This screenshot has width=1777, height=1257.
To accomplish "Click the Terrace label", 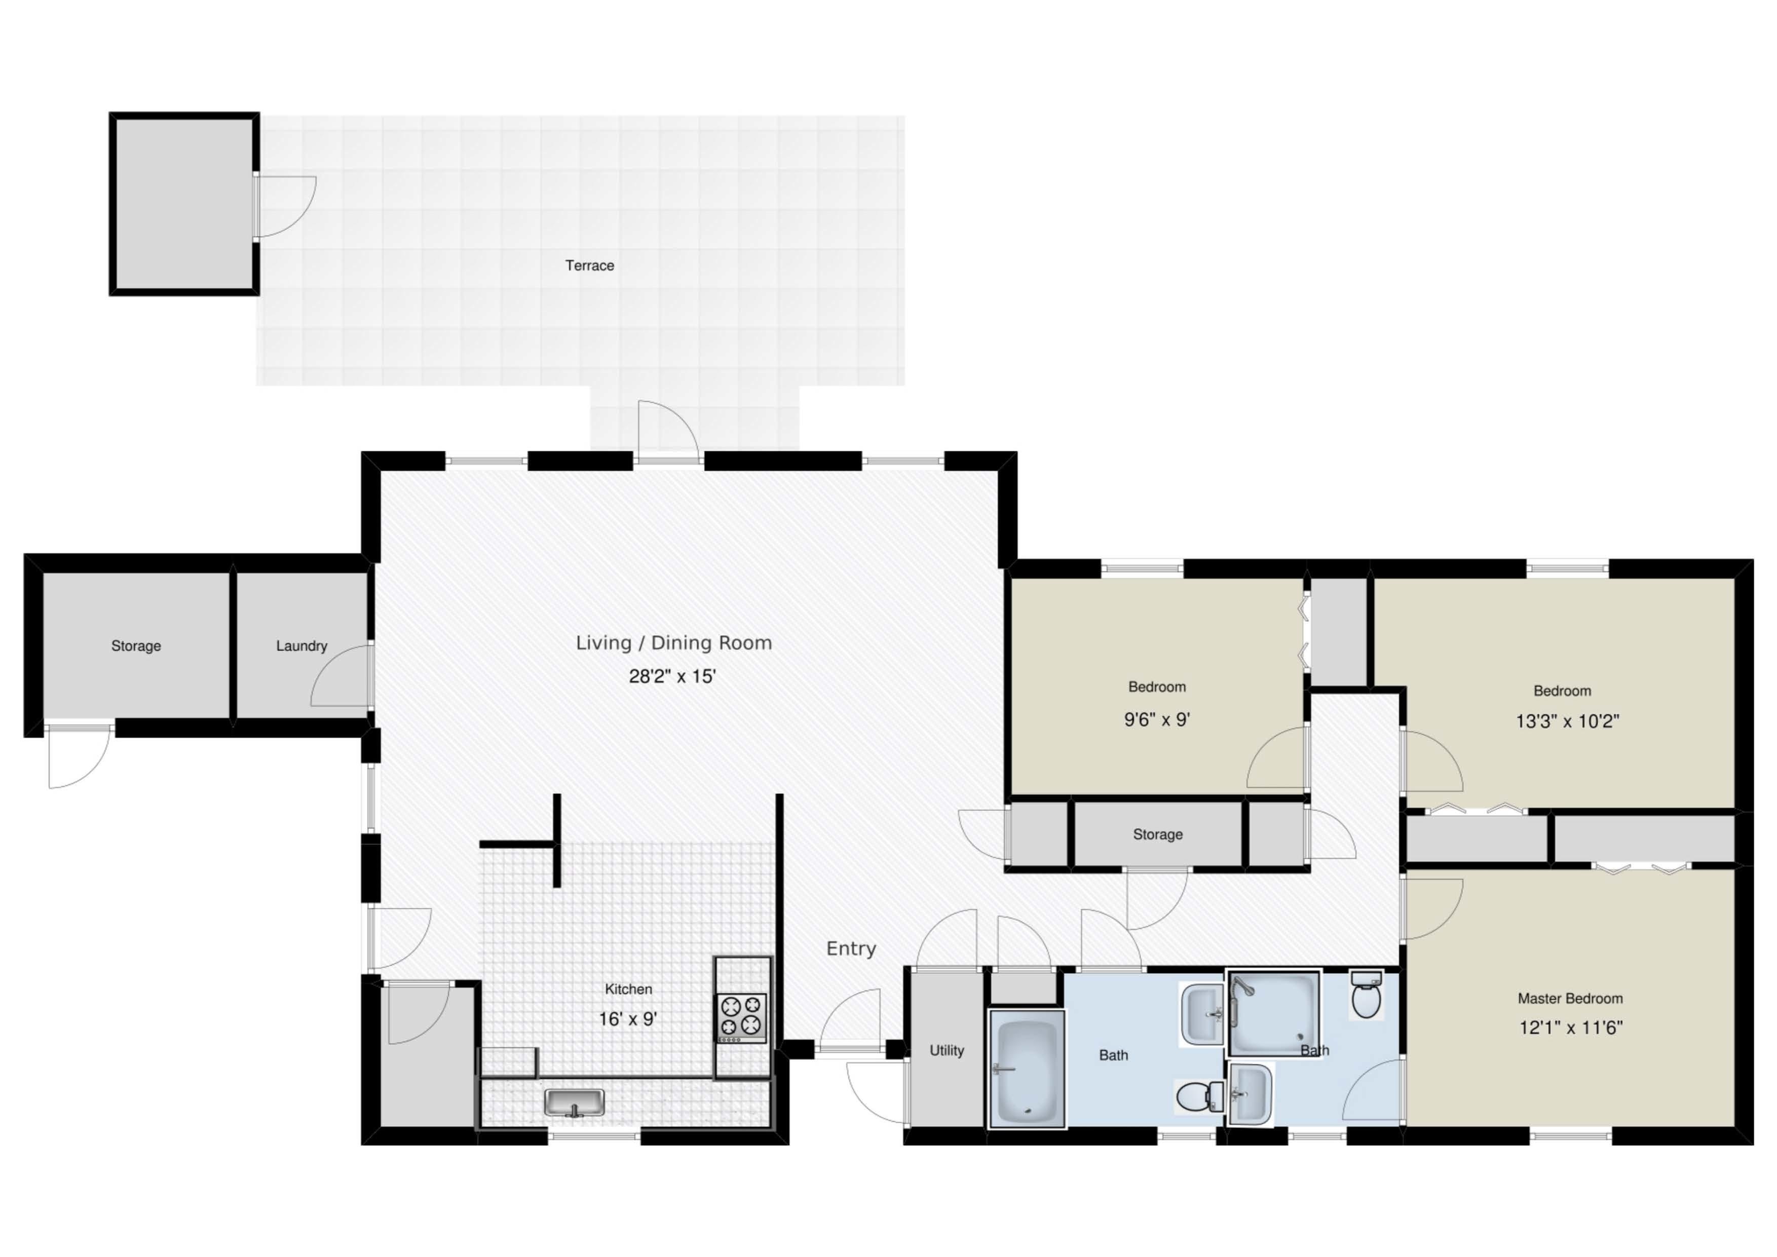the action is (x=590, y=265).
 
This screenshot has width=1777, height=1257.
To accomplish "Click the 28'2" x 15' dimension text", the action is (x=672, y=676).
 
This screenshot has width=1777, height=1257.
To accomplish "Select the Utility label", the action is (x=947, y=1050).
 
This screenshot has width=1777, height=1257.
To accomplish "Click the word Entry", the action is (x=851, y=949).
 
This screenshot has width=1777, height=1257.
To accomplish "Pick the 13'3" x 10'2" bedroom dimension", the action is (x=1567, y=721).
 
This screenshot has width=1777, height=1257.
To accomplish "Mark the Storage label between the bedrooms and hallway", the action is (x=1158, y=834).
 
